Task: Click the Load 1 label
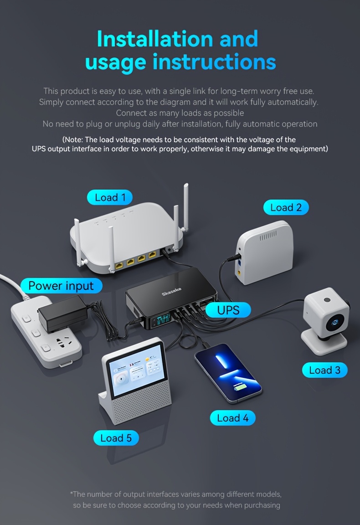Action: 110,197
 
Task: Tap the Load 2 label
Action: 286,207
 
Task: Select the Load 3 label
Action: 324,370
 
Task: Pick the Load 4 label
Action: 232,418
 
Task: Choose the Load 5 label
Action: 116,438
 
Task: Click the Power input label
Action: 61,286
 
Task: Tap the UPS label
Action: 228,310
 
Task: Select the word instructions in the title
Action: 214,62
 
